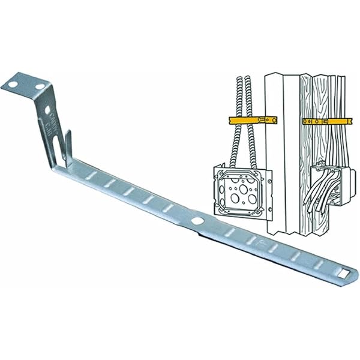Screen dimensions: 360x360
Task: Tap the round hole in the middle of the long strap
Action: [x=197, y=221]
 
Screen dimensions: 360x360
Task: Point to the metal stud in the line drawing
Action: [x=282, y=150]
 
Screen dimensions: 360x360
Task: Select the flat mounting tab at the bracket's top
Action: [x=27, y=87]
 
